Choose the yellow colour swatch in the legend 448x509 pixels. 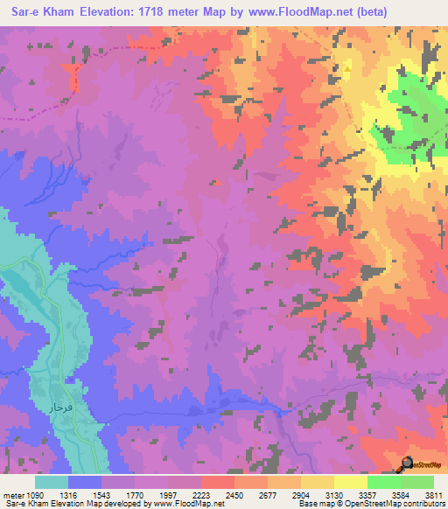350,483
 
